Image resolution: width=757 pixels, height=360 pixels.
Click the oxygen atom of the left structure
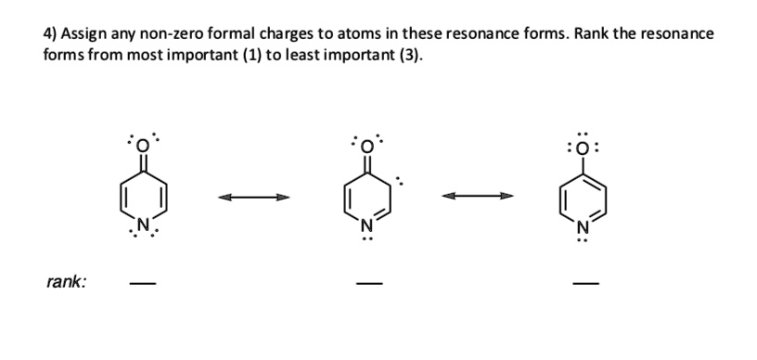coord(142,145)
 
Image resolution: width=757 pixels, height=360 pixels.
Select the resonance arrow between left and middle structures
coord(253,196)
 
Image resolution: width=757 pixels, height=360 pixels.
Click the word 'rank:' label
coord(67,281)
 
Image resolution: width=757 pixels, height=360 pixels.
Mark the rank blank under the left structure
coord(141,285)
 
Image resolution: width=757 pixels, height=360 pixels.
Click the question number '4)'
coord(51,33)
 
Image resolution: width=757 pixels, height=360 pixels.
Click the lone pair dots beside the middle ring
coord(401,178)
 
